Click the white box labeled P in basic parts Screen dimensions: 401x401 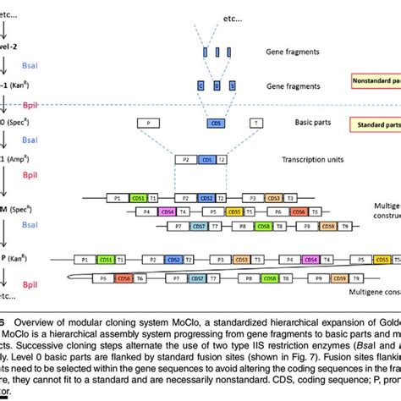[x=150, y=124]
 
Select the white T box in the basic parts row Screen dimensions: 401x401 [x=255, y=124]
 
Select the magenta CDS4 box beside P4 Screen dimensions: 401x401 [x=168, y=211]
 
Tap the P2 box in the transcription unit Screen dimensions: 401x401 [x=184, y=159]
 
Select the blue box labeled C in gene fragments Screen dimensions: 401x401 [x=200, y=85]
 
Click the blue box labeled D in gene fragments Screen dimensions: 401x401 [x=217, y=85]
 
